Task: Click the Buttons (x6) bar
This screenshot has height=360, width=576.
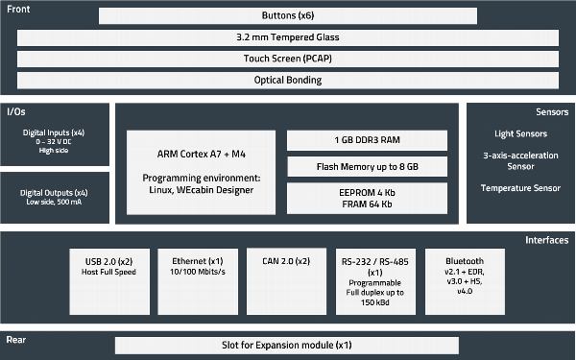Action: pos(287,16)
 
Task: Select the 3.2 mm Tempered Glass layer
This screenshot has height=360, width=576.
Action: pos(287,37)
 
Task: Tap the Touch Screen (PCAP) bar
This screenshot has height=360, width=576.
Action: pos(287,58)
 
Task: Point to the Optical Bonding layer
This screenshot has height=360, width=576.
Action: pos(287,79)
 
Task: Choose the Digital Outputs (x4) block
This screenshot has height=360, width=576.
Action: pos(54,197)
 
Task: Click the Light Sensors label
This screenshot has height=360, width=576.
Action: pos(520,133)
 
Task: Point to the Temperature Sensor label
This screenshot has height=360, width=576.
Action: pos(520,188)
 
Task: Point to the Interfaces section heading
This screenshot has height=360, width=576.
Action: pos(547,240)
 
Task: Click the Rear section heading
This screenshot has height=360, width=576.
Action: pos(16,340)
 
